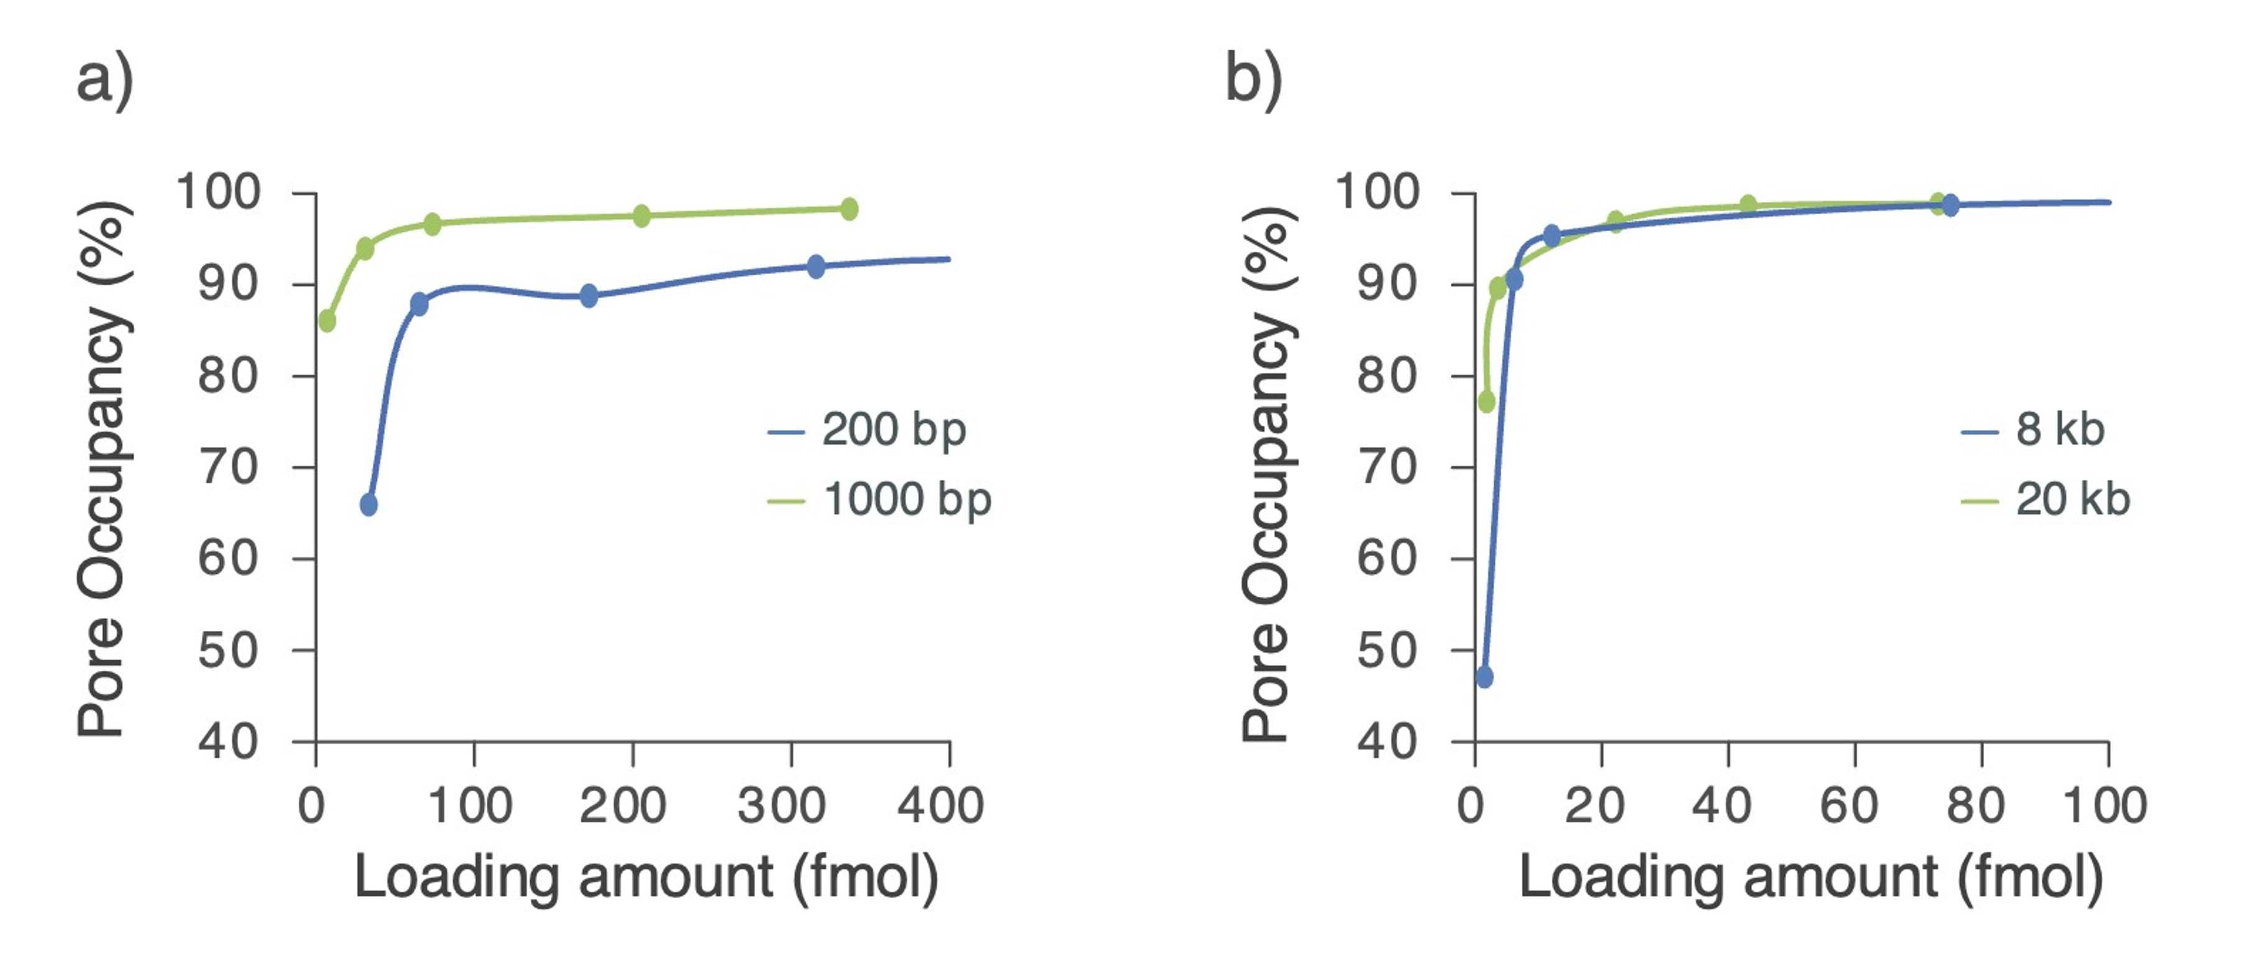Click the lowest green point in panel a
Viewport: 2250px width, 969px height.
pyautogui.click(x=328, y=321)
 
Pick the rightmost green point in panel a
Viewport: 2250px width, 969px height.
pyautogui.click(x=849, y=209)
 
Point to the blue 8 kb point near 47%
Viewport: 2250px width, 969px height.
pyautogui.click(x=1484, y=676)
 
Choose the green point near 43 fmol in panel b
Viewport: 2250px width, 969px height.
pyautogui.click(x=1748, y=204)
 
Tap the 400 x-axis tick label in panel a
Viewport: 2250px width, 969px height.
pyautogui.click(x=940, y=806)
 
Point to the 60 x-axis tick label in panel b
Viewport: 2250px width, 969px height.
pyautogui.click(x=1848, y=806)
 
